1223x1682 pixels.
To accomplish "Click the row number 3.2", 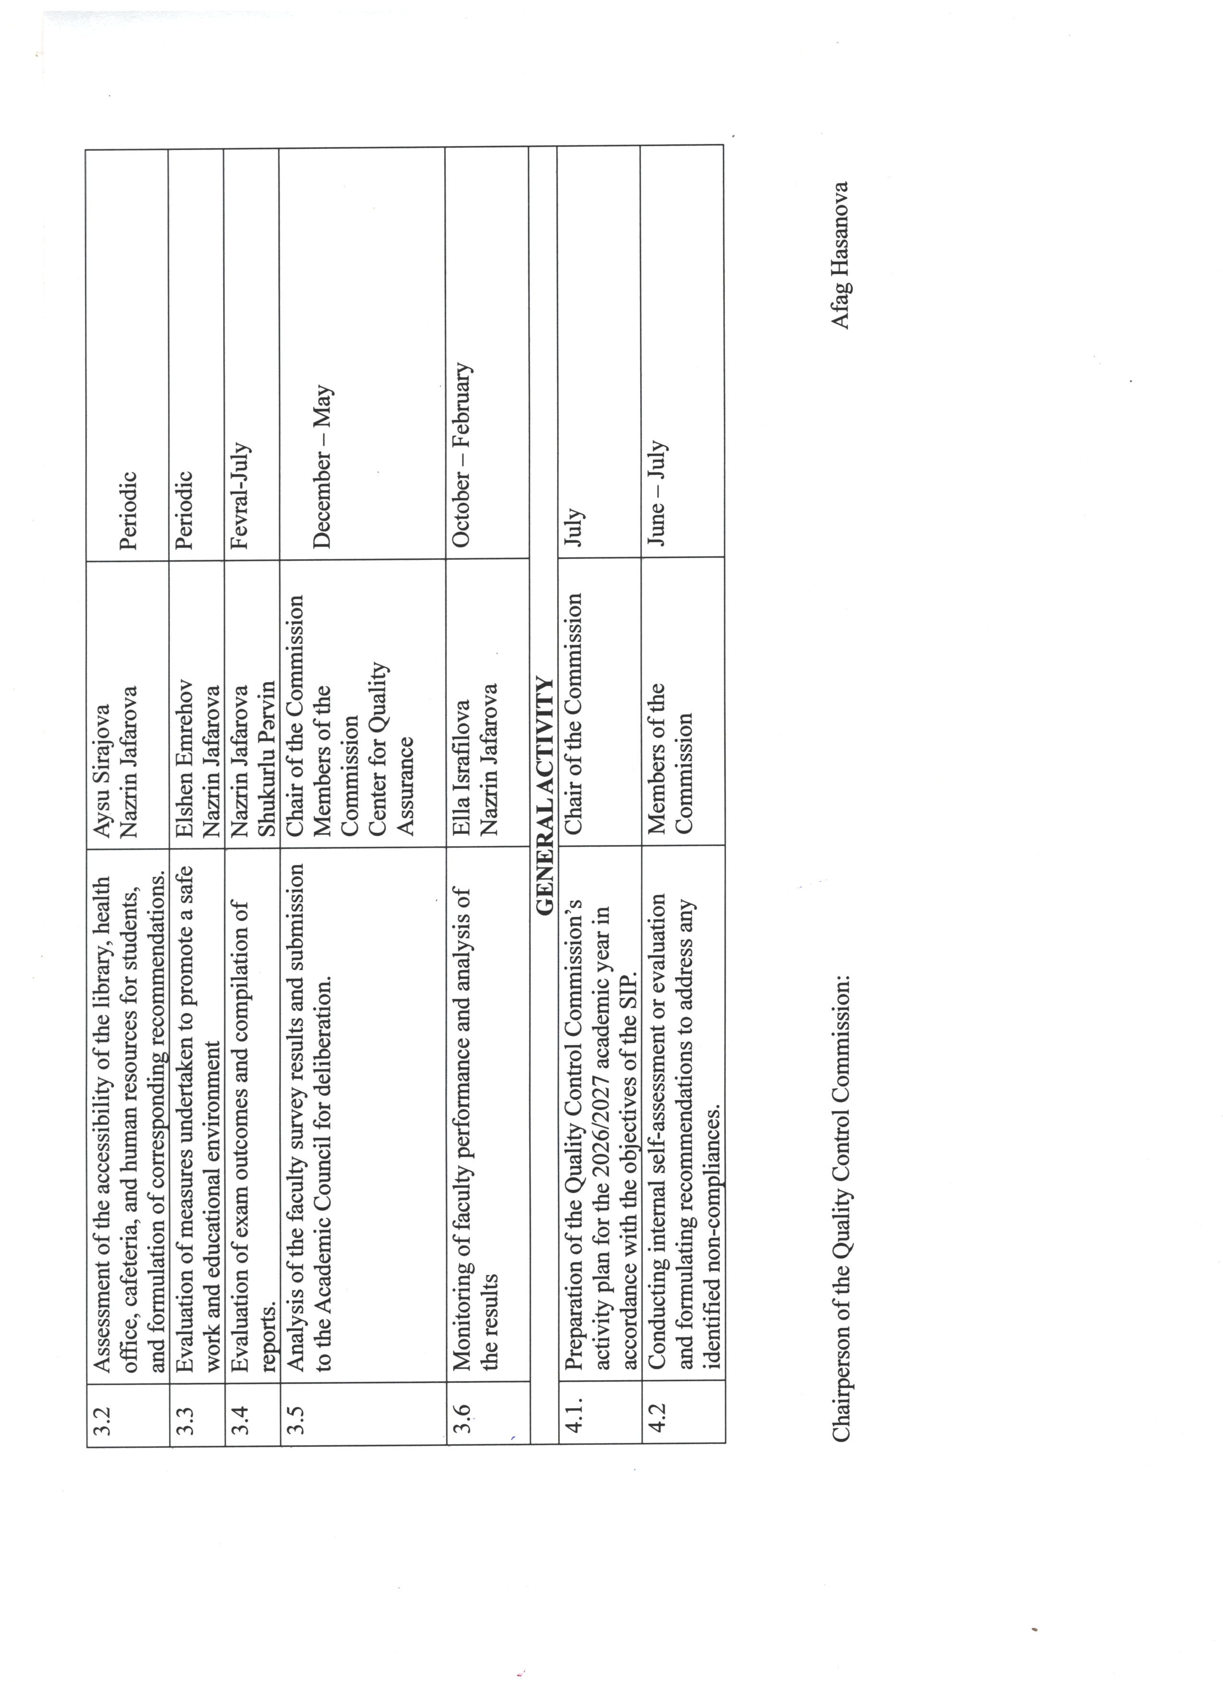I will coord(103,1420).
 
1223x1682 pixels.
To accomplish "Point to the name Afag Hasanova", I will coord(840,255).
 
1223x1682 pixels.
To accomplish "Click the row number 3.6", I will coord(461,1420).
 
